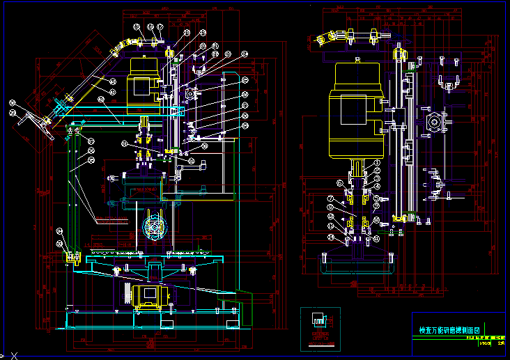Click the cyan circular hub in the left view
(x=153, y=228)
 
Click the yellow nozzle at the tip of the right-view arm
(x=322, y=40)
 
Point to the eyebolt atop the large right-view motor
(x=357, y=60)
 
